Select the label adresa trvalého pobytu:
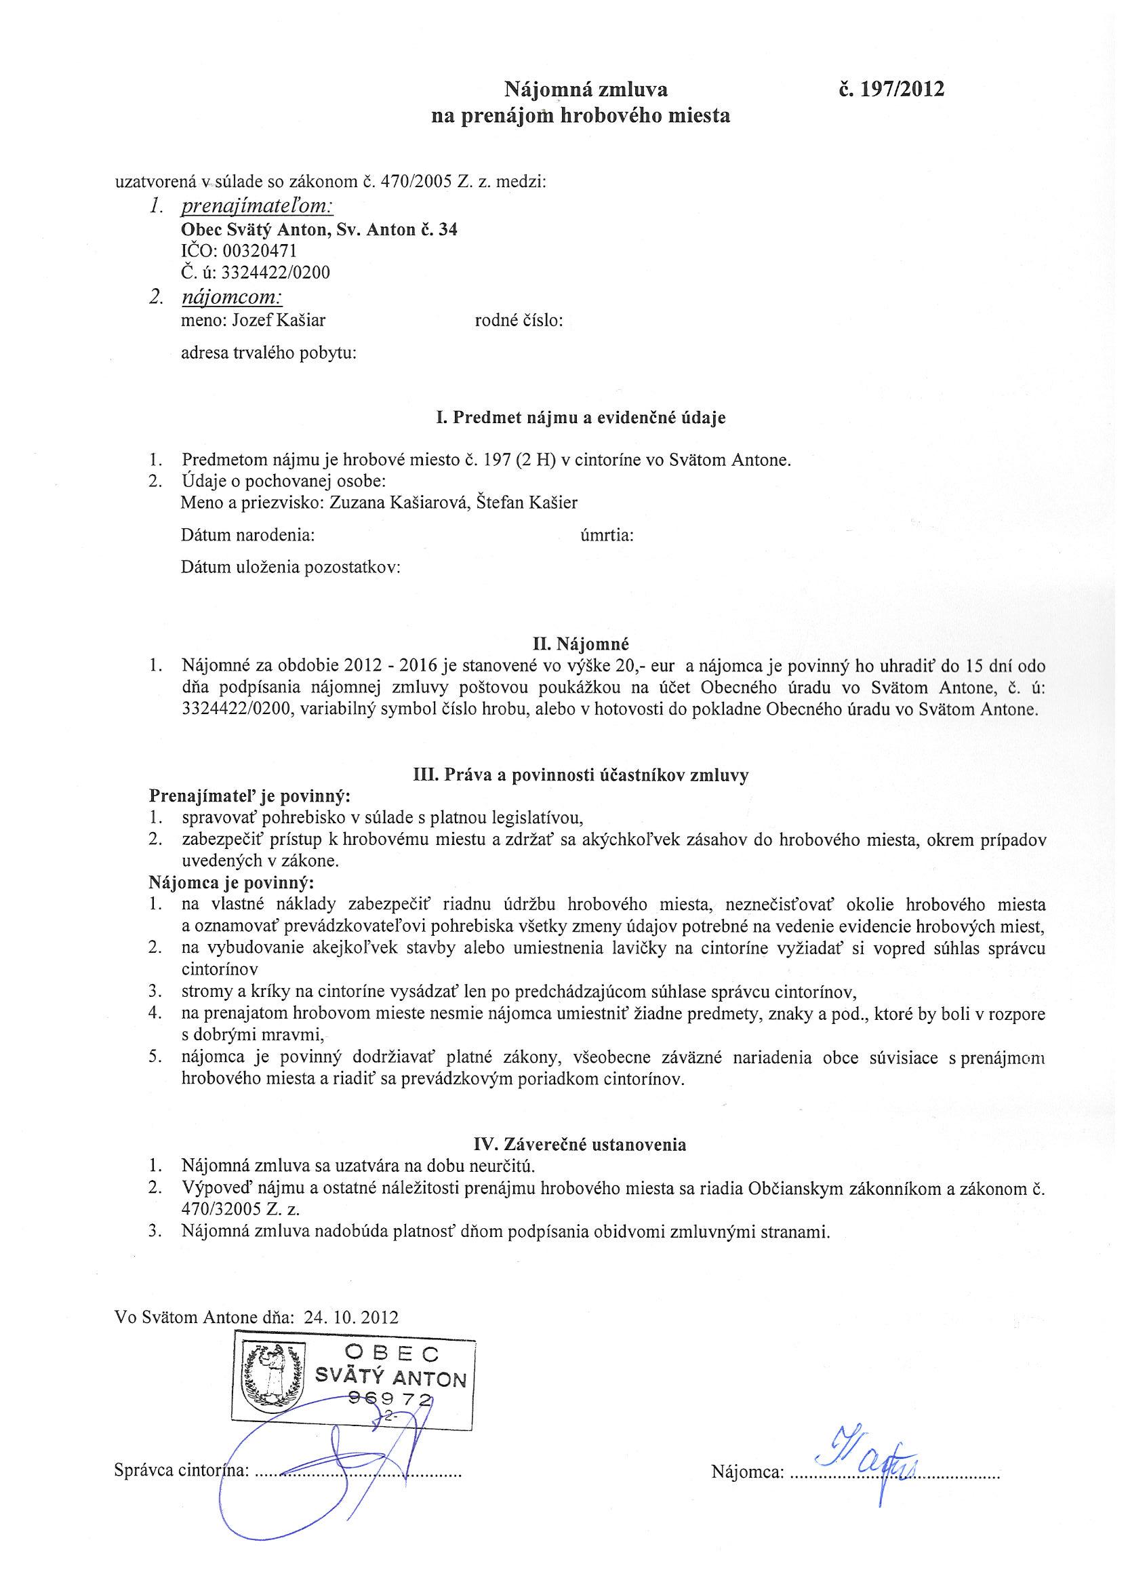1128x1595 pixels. point(269,353)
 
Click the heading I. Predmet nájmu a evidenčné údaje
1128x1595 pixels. point(581,418)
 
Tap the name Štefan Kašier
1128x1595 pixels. point(528,503)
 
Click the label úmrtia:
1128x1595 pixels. point(607,535)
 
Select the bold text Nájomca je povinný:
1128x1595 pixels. point(231,882)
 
